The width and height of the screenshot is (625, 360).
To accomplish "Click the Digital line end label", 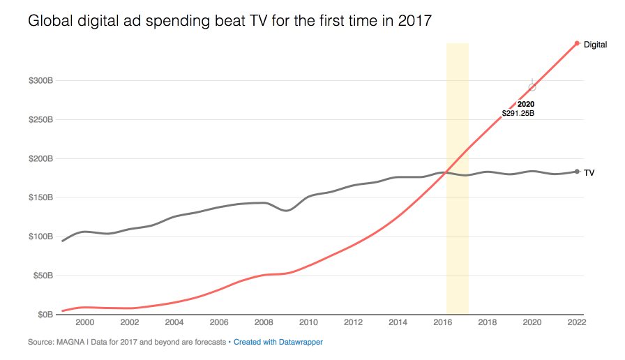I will (x=595, y=45).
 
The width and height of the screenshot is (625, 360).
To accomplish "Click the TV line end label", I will (x=589, y=172).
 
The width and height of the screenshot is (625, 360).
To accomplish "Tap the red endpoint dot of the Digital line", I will (x=577, y=44).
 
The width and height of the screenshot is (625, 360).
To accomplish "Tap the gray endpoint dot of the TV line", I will (x=577, y=172).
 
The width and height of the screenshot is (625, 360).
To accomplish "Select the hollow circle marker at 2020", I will (x=532, y=87).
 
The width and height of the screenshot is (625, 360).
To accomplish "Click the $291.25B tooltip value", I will (x=518, y=113).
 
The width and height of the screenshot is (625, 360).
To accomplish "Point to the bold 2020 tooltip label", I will (x=526, y=104).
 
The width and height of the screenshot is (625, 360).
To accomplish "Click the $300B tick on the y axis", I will (x=40, y=81).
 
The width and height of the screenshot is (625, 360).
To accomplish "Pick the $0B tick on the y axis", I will (x=45, y=315).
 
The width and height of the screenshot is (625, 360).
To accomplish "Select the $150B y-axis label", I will (x=40, y=197).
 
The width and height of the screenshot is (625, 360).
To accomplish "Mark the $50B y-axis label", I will (x=43, y=276).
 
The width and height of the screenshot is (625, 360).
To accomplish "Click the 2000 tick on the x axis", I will (x=84, y=322).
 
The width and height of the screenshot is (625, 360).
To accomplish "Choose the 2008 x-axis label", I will (x=264, y=322).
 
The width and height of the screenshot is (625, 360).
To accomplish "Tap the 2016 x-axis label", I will (x=443, y=322).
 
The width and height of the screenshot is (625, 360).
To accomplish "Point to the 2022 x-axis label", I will (x=577, y=322).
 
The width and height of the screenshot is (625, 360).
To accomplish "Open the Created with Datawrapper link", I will (x=278, y=343).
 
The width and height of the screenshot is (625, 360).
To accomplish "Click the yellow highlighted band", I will (x=457, y=209).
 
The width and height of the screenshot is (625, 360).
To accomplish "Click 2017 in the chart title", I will (x=414, y=21).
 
